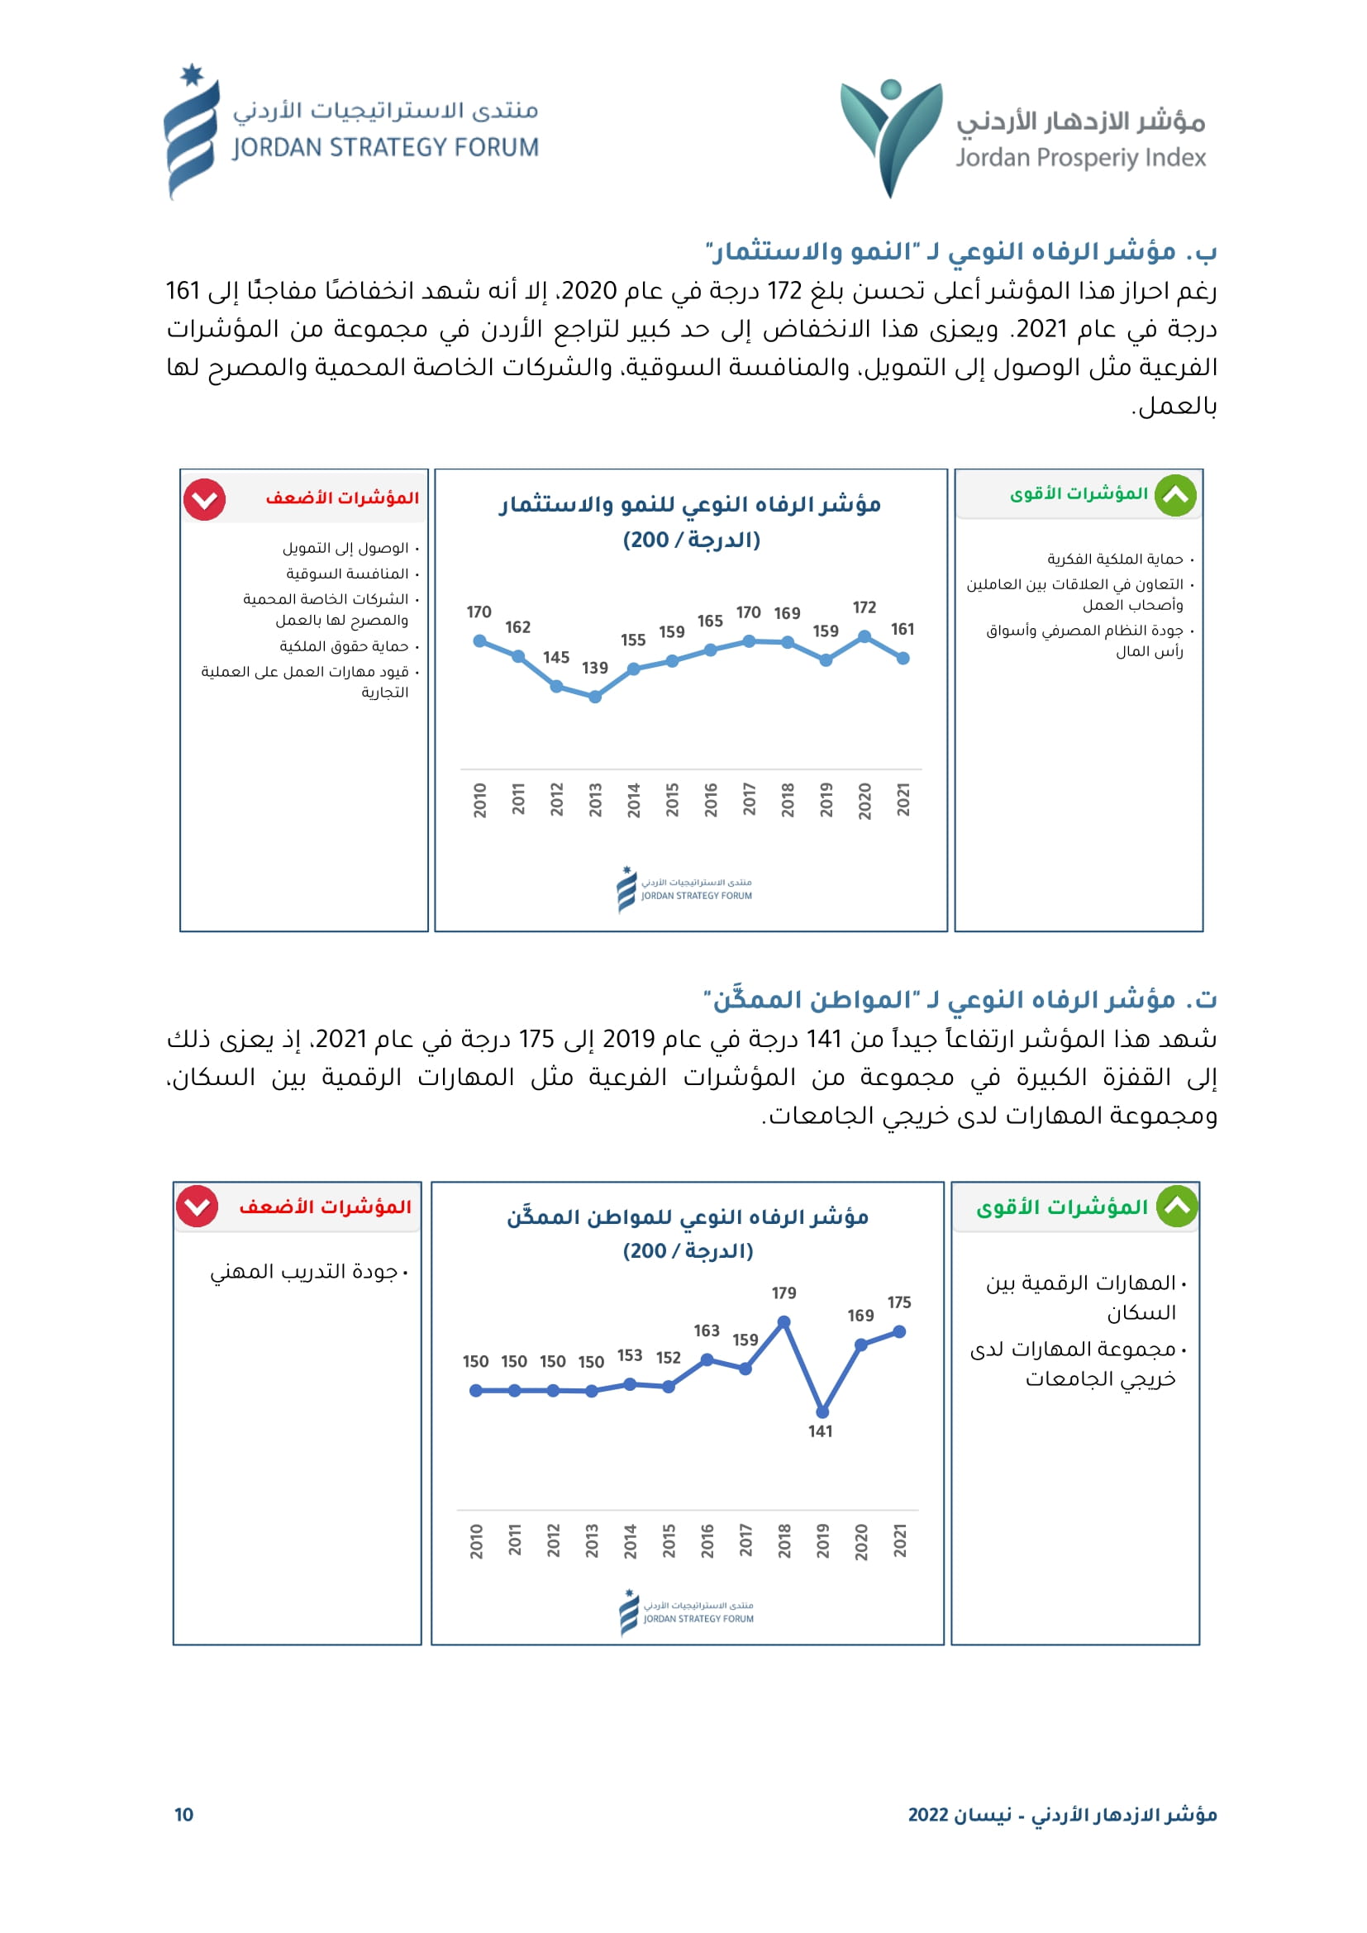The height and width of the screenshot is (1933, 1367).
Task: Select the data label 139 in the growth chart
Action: tap(594, 668)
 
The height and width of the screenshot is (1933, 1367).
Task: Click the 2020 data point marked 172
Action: tap(864, 637)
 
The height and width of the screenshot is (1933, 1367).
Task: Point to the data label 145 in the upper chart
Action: tap(555, 657)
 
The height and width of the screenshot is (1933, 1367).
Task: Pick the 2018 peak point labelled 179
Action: tap(784, 1322)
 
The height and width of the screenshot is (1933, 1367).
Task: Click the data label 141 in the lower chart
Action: tap(820, 1431)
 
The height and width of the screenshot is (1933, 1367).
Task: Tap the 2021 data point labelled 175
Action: tap(899, 1332)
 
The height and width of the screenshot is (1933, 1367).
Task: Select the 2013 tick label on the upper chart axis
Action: tap(595, 800)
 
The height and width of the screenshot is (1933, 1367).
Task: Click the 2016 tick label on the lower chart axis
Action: tap(707, 1540)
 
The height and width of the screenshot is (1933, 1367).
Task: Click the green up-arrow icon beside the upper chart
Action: tap(1175, 495)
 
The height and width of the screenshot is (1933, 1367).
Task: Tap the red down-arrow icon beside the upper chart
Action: tap(204, 500)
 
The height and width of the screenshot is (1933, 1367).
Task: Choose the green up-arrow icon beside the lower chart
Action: tap(1177, 1207)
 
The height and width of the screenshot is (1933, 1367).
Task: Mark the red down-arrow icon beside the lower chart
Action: tap(197, 1207)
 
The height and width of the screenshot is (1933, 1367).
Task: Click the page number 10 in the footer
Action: tap(183, 1814)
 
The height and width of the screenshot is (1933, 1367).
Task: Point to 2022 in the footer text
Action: tap(928, 1814)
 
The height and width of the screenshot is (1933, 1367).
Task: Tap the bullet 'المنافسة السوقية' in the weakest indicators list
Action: tap(347, 574)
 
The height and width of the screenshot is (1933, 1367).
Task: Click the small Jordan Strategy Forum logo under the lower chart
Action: tap(687, 1612)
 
